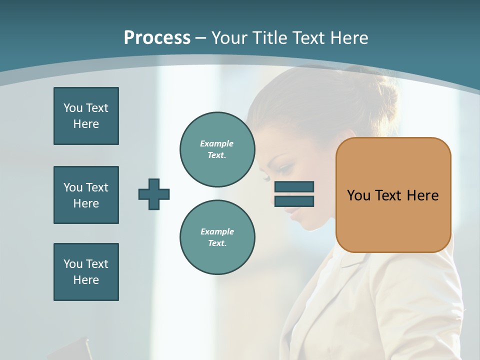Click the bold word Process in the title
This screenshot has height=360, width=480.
[157, 38]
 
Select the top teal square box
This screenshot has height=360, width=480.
[86, 116]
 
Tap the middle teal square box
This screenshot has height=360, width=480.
[86, 195]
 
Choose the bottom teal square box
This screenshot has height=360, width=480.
[86, 272]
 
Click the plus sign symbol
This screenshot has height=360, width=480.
[154, 194]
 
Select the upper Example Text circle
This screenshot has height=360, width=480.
[217, 149]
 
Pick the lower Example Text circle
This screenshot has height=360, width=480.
[217, 237]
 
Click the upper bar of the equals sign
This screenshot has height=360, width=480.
[294, 187]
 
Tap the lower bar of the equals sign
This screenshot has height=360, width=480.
[294, 201]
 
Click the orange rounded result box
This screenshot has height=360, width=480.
[393, 195]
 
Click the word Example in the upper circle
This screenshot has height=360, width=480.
[217, 143]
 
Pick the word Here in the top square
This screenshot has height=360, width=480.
[86, 124]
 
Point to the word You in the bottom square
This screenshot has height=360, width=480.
[73, 264]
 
